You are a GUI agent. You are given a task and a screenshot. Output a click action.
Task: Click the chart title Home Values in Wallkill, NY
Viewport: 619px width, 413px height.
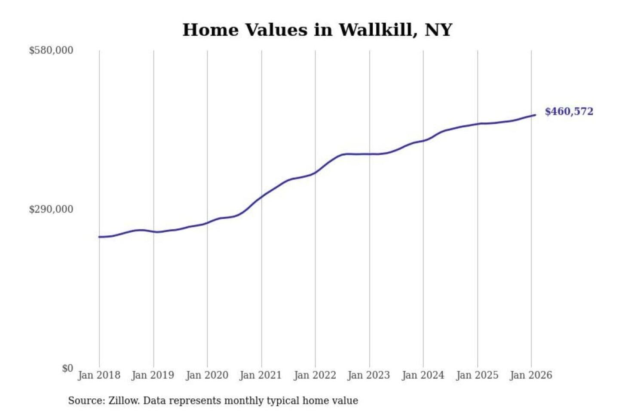317,30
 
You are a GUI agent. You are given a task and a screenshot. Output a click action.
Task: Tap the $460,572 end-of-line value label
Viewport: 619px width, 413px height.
569,111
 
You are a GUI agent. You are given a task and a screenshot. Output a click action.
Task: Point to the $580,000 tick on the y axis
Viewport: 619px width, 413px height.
51,50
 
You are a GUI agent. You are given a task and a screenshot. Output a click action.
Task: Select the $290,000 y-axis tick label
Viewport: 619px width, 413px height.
51,210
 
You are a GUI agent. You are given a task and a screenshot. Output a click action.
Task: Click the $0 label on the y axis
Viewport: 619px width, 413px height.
67,368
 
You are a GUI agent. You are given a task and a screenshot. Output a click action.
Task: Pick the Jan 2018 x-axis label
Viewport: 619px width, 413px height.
99,375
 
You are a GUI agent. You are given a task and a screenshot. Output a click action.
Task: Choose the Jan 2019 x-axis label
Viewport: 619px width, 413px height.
153,375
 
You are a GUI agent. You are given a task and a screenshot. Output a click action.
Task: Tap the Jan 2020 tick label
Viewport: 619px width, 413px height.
207,375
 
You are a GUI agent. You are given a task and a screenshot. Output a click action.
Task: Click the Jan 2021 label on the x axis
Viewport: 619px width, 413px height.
261,375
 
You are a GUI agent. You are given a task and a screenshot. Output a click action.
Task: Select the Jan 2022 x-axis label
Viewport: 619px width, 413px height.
315,375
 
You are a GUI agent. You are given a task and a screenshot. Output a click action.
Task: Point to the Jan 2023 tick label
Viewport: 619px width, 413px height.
369,375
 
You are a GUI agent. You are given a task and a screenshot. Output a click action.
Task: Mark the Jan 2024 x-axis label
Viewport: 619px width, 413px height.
423,375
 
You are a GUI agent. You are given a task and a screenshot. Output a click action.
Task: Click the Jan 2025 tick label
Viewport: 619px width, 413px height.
477,375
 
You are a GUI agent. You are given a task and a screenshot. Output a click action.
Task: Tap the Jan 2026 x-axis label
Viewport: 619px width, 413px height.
531,375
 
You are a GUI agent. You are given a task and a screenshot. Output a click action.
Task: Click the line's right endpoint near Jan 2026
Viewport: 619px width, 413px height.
535,115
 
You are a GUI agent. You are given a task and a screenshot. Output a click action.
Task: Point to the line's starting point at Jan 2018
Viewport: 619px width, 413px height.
99,237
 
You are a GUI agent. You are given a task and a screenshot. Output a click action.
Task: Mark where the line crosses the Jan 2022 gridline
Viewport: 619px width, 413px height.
315,173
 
